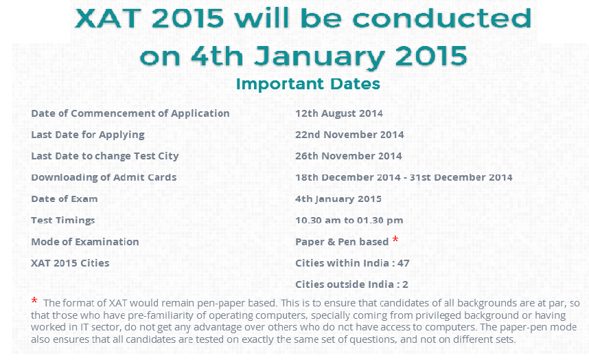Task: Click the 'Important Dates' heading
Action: click(308, 84)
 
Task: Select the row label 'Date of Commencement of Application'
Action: click(130, 113)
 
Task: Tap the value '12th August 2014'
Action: click(339, 113)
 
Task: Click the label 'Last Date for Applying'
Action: click(88, 135)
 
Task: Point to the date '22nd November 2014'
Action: click(349, 135)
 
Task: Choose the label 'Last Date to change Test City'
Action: click(105, 157)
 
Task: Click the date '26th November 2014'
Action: click(349, 156)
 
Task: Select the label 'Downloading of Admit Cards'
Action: click(104, 178)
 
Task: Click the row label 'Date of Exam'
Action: click(65, 199)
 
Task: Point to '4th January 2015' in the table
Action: click(338, 199)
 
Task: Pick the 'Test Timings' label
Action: click(63, 221)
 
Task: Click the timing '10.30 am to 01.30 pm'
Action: click(349, 221)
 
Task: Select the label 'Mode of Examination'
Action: click(85, 242)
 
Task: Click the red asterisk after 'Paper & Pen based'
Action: click(395, 239)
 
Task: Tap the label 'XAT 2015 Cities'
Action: click(70, 263)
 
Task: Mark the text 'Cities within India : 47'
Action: click(352, 263)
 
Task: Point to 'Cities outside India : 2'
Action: click(351, 284)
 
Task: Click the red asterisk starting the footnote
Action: click(34, 300)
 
